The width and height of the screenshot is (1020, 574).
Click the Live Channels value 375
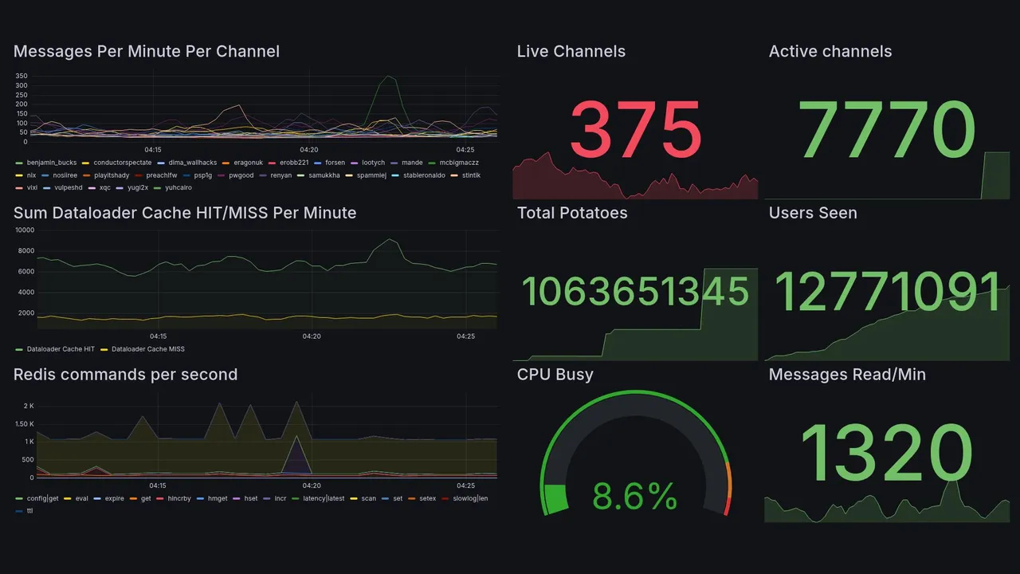pyautogui.click(x=635, y=129)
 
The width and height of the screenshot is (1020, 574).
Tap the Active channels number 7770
pyautogui.click(x=888, y=129)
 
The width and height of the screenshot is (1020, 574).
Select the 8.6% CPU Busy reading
pyautogui.click(x=635, y=497)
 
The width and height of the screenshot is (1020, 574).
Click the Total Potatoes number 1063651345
pyautogui.click(x=635, y=292)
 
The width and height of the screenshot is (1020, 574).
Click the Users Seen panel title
pyautogui.click(x=813, y=213)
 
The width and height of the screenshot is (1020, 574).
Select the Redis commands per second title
pyautogui.click(x=125, y=375)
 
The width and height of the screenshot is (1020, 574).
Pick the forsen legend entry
pyautogui.click(x=335, y=163)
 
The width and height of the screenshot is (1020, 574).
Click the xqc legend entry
pyautogui.click(x=105, y=188)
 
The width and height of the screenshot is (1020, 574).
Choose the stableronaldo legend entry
pyautogui.click(x=424, y=175)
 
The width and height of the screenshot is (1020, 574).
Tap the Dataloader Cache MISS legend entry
pyautogui.click(x=147, y=349)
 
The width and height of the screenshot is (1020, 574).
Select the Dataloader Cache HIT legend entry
pyautogui.click(x=61, y=349)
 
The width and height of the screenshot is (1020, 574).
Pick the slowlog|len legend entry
pyautogui.click(x=470, y=498)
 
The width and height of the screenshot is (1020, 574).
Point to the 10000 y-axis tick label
pyautogui.click(x=25, y=230)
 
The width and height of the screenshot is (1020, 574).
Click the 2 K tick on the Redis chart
pyautogui.click(x=29, y=406)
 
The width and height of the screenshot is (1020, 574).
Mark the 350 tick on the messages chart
pyautogui.click(x=22, y=76)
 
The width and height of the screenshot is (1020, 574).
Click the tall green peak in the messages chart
pyautogui.click(x=388, y=77)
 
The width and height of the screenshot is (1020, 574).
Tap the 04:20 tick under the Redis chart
pyautogui.click(x=312, y=486)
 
